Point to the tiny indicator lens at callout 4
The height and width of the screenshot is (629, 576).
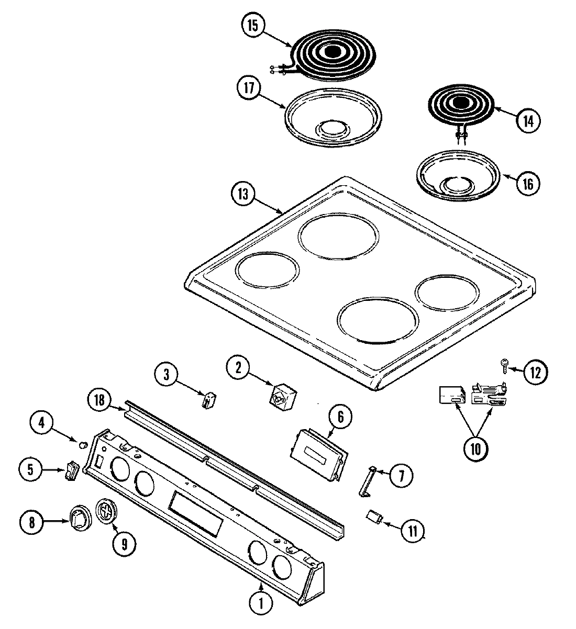point(82,444)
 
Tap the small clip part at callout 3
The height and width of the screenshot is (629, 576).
point(208,400)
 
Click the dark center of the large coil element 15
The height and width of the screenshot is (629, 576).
point(331,51)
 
